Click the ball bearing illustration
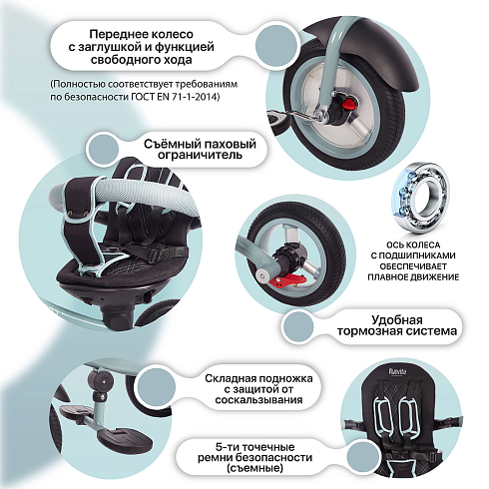(x=420, y=199)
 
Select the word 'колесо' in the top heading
(x=174, y=34)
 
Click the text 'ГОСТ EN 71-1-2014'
(x=176, y=97)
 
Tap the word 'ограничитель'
(x=200, y=156)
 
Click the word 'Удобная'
(x=396, y=320)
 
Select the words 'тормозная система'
(x=396, y=331)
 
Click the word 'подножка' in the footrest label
(x=285, y=379)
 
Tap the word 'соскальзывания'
(x=258, y=400)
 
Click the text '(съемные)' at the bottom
(x=254, y=468)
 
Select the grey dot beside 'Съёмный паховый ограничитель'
(x=102, y=149)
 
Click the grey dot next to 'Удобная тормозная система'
(x=297, y=326)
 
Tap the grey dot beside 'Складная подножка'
(x=156, y=387)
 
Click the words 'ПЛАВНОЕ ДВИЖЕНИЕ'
(x=413, y=277)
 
